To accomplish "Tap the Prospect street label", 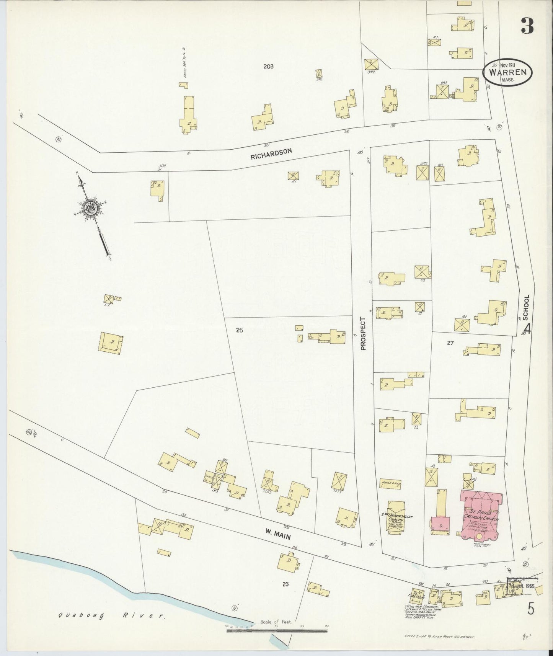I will (x=363, y=333).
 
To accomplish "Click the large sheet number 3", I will (x=527, y=26).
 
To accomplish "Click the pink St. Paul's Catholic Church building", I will (x=481, y=516).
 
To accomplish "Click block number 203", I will (x=268, y=67).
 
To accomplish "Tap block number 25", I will (x=239, y=330).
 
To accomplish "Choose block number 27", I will (x=450, y=343).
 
